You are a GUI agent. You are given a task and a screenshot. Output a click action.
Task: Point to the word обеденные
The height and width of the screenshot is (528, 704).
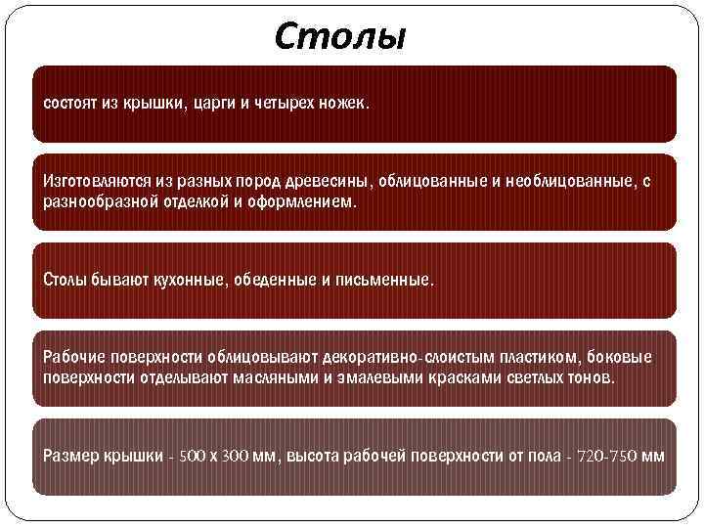tap(275, 281)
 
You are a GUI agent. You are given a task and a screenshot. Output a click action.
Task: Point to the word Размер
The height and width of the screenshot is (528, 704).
tap(70, 457)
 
